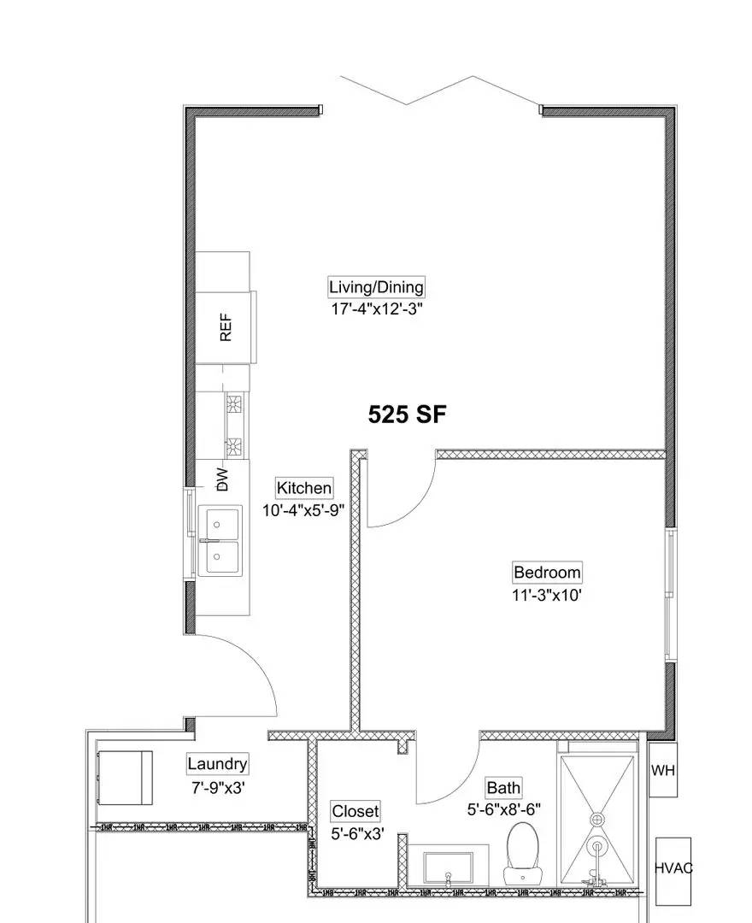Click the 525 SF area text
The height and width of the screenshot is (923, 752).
pos(407,414)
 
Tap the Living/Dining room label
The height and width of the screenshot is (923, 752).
pos(376,287)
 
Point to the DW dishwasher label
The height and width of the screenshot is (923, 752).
pos(223,479)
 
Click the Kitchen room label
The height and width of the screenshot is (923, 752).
pos(303,488)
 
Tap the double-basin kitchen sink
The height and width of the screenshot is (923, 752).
pos(220,541)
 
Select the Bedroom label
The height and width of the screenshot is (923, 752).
pos(547,573)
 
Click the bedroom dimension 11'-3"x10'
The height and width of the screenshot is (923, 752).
pos(547,595)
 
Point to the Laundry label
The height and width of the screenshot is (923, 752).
pos(217,764)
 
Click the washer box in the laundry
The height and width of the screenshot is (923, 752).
pos(125,778)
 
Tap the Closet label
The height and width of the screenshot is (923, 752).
pos(355,811)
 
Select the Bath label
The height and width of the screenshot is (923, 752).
pos(503,788)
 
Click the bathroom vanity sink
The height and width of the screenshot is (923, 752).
pos(448,868)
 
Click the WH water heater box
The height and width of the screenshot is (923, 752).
pos(663,770)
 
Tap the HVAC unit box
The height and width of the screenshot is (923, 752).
pos(673,869)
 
